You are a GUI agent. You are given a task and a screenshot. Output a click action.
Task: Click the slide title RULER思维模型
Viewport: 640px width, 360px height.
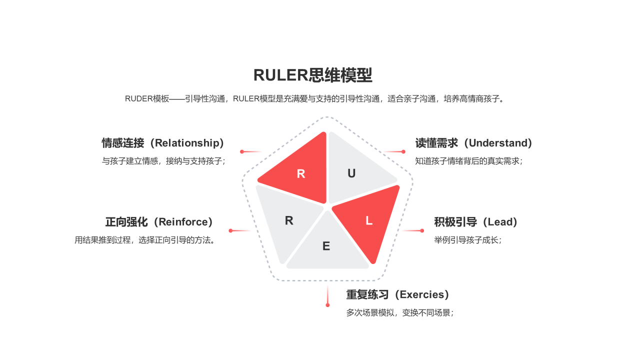[x=312, y=75]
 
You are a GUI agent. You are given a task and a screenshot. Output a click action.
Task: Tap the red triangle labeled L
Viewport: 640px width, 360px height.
[x=369, y=220]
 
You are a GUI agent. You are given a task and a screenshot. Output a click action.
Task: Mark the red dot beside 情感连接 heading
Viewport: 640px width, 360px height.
[x=242, y=151]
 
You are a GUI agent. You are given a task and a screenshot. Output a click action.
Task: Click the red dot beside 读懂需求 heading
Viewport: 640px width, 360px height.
[x=403, y=151]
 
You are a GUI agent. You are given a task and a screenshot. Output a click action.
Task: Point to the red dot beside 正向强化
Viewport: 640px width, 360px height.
[x=230, y=230]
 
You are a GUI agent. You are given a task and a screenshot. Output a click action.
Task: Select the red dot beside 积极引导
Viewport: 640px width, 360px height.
[x=422, y=230]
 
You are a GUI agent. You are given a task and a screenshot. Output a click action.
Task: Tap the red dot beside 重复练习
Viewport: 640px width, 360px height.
[x=327, y=304]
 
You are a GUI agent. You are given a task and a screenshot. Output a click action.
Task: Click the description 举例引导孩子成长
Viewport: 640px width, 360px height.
[x=467, y=240]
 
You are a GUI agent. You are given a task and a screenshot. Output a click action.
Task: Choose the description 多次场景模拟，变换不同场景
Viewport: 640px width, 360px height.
[x=399, y=313]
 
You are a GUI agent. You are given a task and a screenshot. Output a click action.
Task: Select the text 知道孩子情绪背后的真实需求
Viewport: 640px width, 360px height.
[x=468, y=161]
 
